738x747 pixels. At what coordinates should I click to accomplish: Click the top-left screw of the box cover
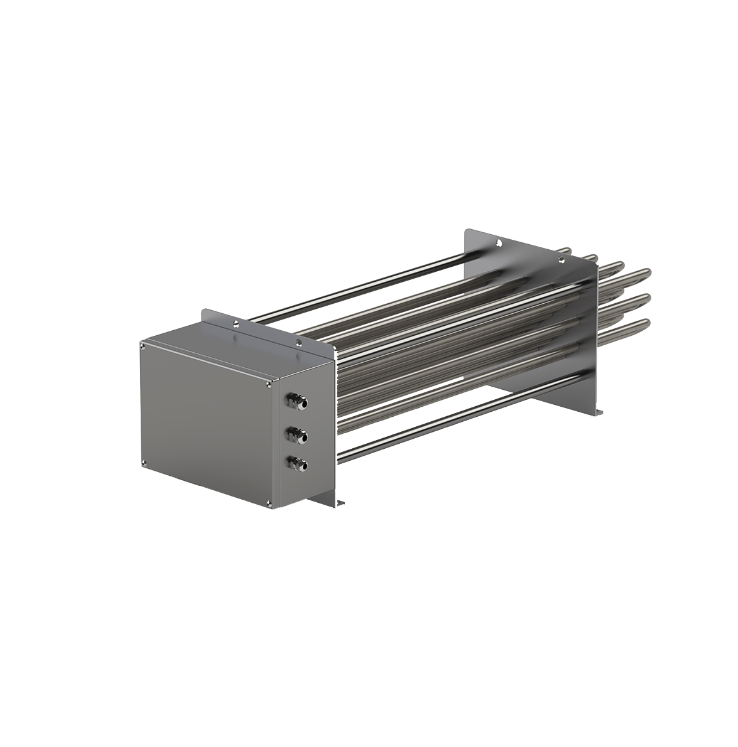click(144, 344)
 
